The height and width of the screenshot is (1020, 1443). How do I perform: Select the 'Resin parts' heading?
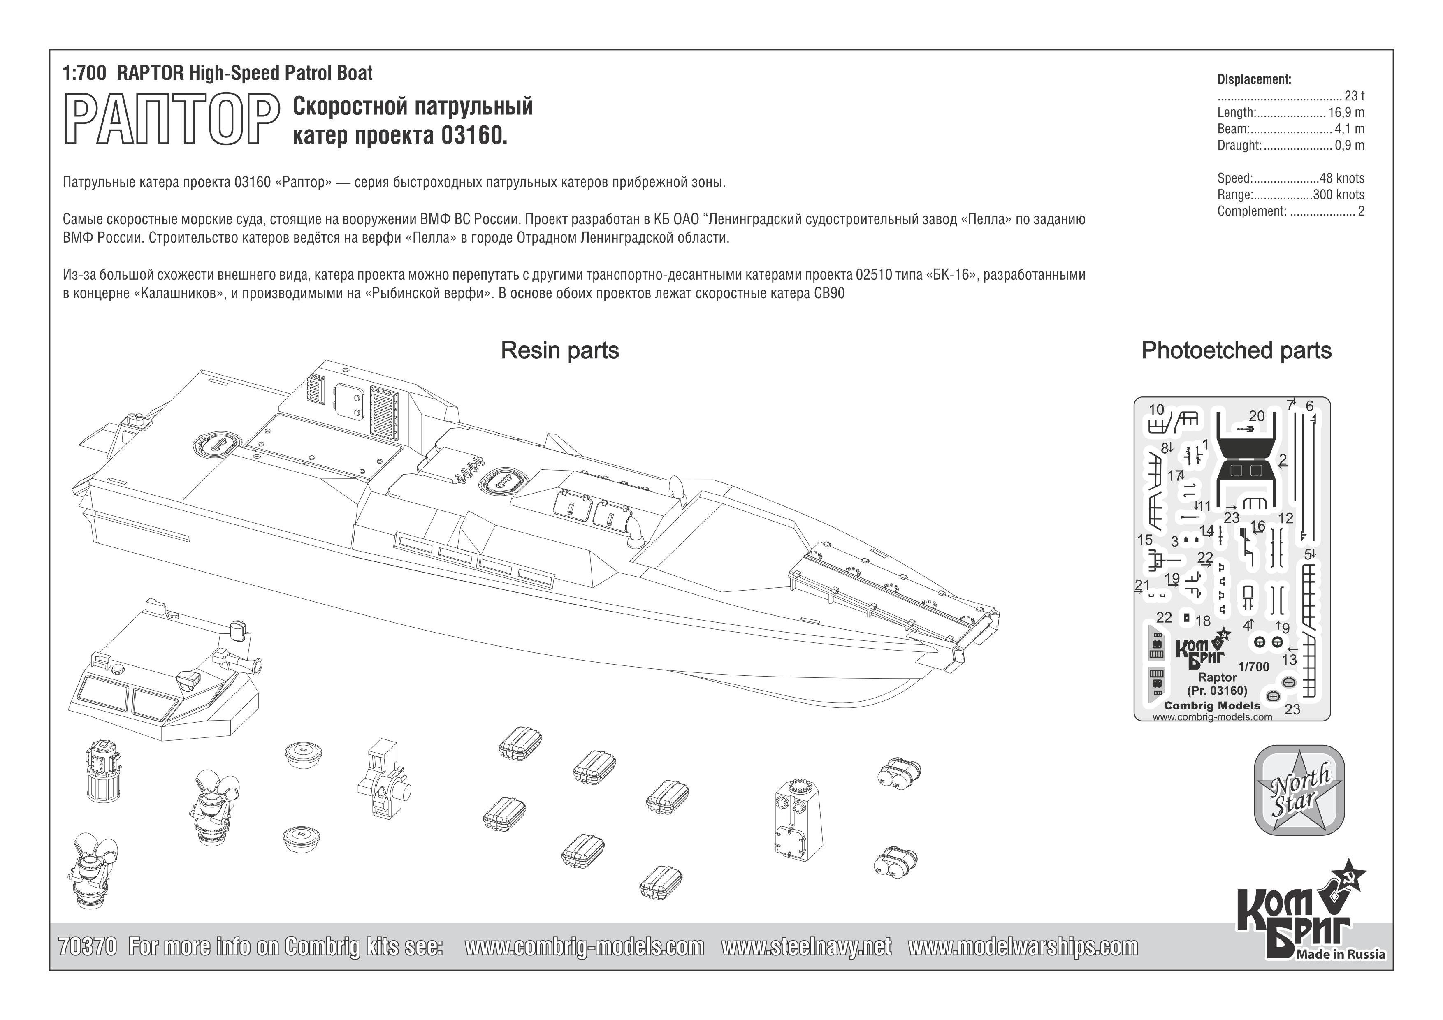pyautogui.click(x=559, y=351)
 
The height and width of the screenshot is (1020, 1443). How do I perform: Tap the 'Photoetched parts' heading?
pyautogui.click(x=1236, y=351)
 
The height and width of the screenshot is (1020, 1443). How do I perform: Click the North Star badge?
pyautogui.click(x=1299, y=790)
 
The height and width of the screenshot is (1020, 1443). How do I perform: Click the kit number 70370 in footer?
pyautogui.click(x=87, y=946)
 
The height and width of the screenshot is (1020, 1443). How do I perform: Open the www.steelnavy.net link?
pyautogui.click(x=806, y=946)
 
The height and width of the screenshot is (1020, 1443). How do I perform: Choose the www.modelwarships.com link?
pyautogui.click(x=1023, y=946)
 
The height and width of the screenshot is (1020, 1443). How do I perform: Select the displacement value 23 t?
pyautogui.click(x=1355, y=96)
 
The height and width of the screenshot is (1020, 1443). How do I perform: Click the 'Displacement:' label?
pyautogui.click(x=1254, y=80)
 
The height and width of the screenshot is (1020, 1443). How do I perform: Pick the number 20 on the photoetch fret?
pyautogui.click(x=1256, y=416)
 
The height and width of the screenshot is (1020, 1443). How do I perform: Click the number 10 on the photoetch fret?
pyautogui.click(x=1156, y=410)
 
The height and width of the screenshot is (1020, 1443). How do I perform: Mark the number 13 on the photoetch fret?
pyautogui.click(x=1289, y=660)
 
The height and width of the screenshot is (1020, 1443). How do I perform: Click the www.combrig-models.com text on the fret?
pyautogui.click(x=1212, y=717)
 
